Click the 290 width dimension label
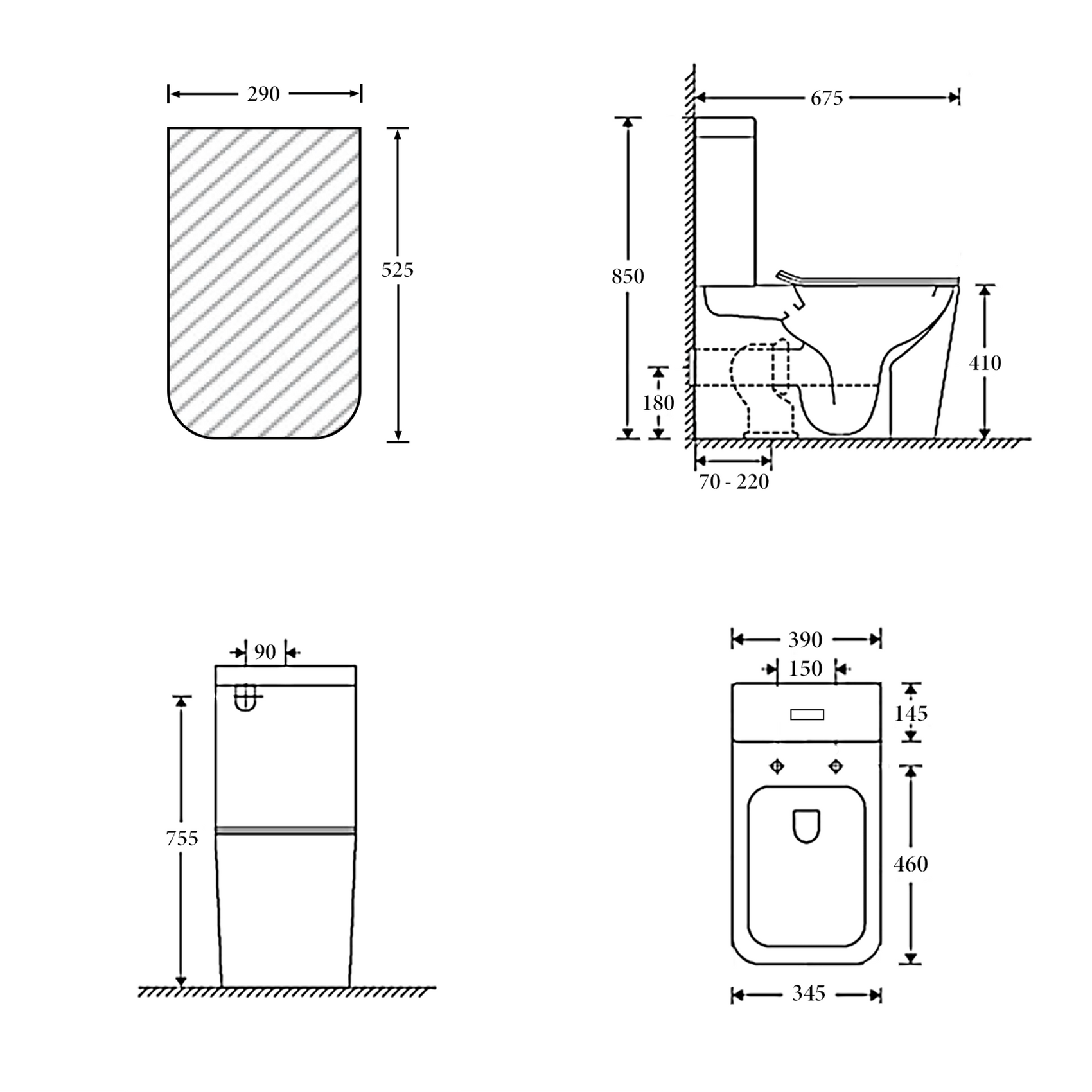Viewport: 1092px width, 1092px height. click(263, 94)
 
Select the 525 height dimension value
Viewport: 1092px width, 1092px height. click(398, 270)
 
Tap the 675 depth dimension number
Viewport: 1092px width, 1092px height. click(826, 98)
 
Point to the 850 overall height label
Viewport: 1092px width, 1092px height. click(628, 276)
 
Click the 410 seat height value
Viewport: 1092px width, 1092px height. click(985, 363)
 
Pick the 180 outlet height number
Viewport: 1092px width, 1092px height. click(658, 403)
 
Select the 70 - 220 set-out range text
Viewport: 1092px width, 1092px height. click(734, 481)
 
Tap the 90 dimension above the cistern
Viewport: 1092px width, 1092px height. click(265, 652)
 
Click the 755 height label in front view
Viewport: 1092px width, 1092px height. click(182, 838)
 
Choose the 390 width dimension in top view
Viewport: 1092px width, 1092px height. click(805, 640)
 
